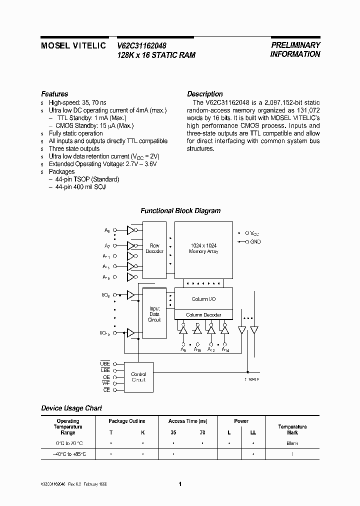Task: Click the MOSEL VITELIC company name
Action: coord(73,45)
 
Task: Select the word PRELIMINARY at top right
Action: coord(295,44)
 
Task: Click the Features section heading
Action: coord(54,94)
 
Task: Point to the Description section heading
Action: coord(205,94)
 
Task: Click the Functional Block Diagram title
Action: coord(180,211)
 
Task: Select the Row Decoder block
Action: coord(154,248)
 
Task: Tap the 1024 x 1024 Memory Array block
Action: coord(203,248)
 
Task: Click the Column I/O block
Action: coord(203,299)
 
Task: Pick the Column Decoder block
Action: coord(203,314)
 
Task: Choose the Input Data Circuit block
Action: coord(154,314)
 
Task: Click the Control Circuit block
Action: coord(138,376)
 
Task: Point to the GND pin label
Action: coord(256,242)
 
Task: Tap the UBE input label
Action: coord(105,363)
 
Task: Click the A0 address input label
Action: coord(107,230)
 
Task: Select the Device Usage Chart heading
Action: coord(71,408)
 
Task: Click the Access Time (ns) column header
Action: coord(188,421)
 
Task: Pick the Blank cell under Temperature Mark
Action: coord(292,443)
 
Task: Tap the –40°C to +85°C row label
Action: coord(67,454)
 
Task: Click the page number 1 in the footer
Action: coord(180,484)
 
